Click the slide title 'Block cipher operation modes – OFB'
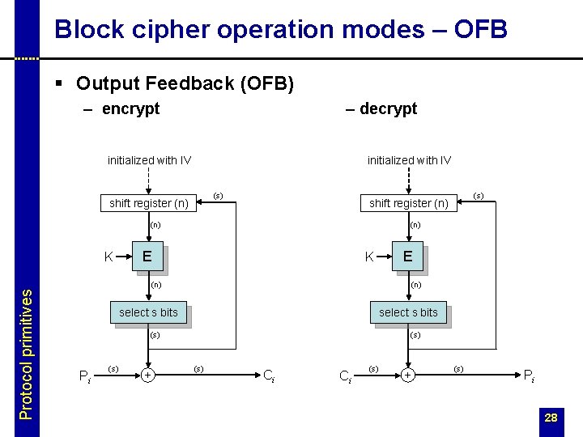[x=280, y=30]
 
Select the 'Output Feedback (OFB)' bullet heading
[x=185, y=83]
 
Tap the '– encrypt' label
[x=121, y=108]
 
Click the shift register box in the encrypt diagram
[x=149, y=203]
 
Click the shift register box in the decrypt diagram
[x=408, y=203]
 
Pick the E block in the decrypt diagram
[x=408, y=257]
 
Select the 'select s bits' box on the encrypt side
[x=148, y=312]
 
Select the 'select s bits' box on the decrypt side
[x=408, y=312]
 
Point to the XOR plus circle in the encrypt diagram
[x=148, y=375]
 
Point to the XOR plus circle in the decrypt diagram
[x=408, y=375]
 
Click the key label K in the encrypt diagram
[x=109, y=257]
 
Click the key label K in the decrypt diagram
[x=369, y=257]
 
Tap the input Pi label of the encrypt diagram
[x=84, y=375]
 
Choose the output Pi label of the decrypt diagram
[x=529, y=375]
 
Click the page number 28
[x=551, y=418]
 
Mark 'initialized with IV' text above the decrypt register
[x=409, y=160]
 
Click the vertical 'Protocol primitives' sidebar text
[x=27, y=354]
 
